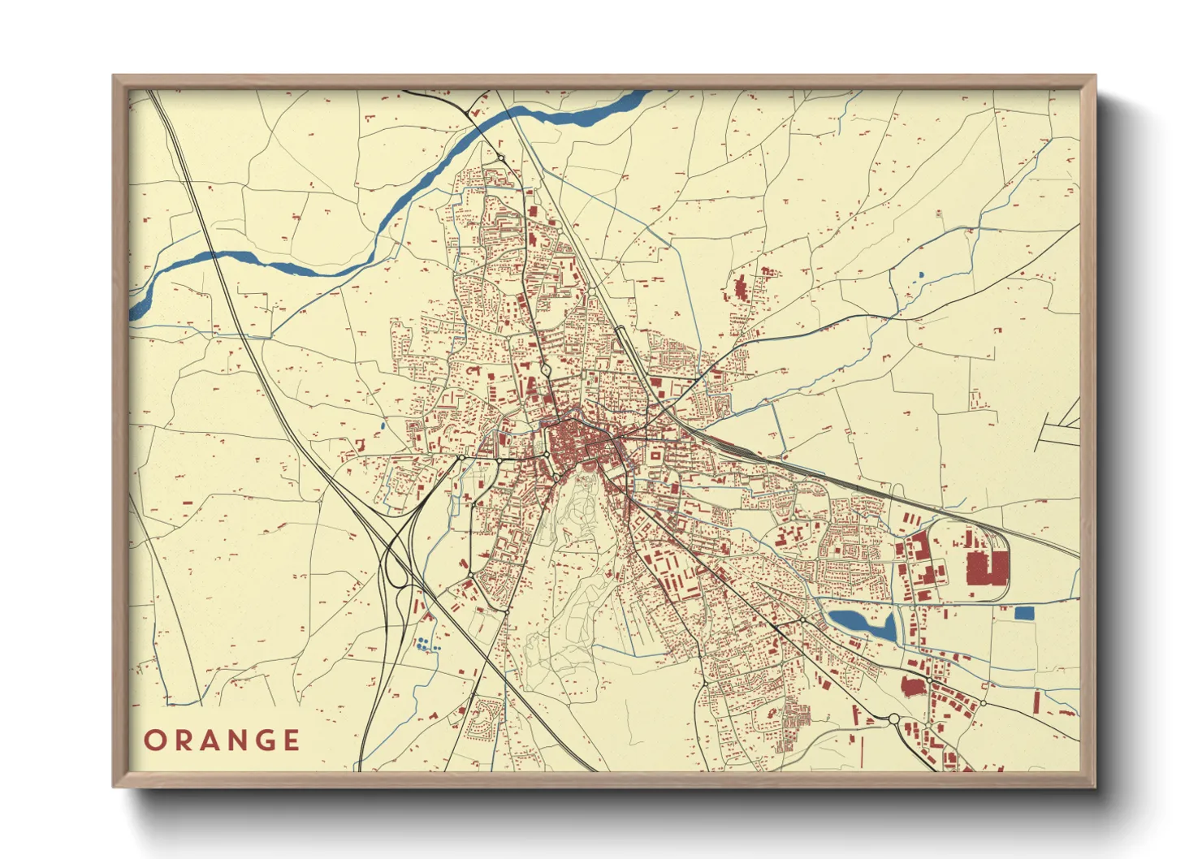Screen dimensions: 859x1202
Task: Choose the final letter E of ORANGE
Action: [291, 740]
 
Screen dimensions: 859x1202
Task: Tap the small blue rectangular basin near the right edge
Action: [1024, 613]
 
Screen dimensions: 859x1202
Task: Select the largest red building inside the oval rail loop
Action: [986, 567]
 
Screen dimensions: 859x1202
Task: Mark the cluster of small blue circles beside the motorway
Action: [422, 645]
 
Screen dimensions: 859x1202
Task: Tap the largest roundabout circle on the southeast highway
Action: [893, 719]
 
